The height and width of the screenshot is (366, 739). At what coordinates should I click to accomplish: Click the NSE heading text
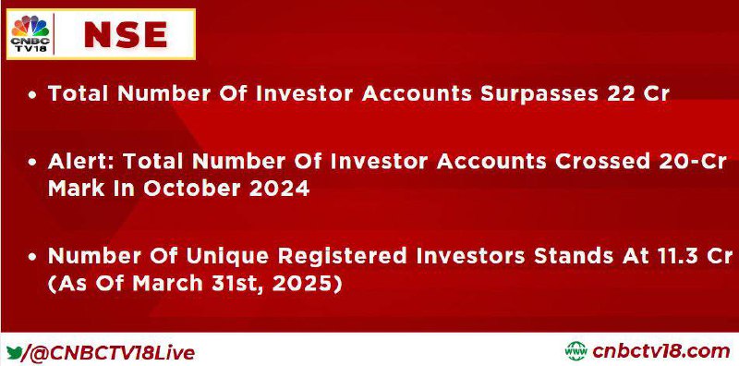126,35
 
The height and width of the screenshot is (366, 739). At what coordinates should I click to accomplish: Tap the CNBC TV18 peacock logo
30,33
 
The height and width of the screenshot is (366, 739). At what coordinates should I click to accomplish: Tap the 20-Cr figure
693,162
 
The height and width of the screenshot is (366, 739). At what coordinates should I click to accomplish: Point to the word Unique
227,256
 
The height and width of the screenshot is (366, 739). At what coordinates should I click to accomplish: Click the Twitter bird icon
14,352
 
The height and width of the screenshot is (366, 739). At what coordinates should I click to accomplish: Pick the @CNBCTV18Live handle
108,353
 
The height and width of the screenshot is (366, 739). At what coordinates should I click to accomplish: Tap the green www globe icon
575,351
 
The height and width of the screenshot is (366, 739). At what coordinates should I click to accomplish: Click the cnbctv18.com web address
661,351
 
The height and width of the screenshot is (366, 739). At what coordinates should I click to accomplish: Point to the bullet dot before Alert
32,163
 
